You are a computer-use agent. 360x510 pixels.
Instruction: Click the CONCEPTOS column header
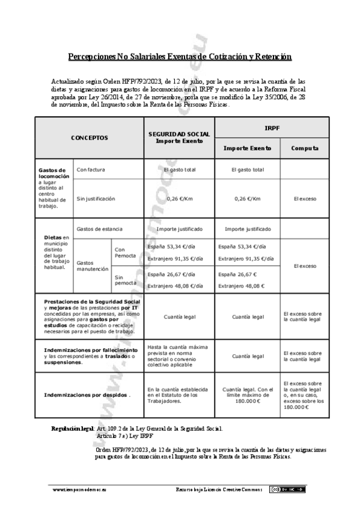coord(90,138)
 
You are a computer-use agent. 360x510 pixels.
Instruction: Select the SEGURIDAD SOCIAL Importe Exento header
coord(178,138)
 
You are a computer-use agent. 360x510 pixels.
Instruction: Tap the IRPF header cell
coord(272,127)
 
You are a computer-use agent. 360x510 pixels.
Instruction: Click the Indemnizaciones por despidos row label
coord(88,395)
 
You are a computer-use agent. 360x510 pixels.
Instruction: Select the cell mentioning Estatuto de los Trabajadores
coord(178,395)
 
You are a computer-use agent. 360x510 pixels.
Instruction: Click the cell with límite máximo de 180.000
coord(247,395)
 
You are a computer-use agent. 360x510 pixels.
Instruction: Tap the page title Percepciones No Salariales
coord(180,57)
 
